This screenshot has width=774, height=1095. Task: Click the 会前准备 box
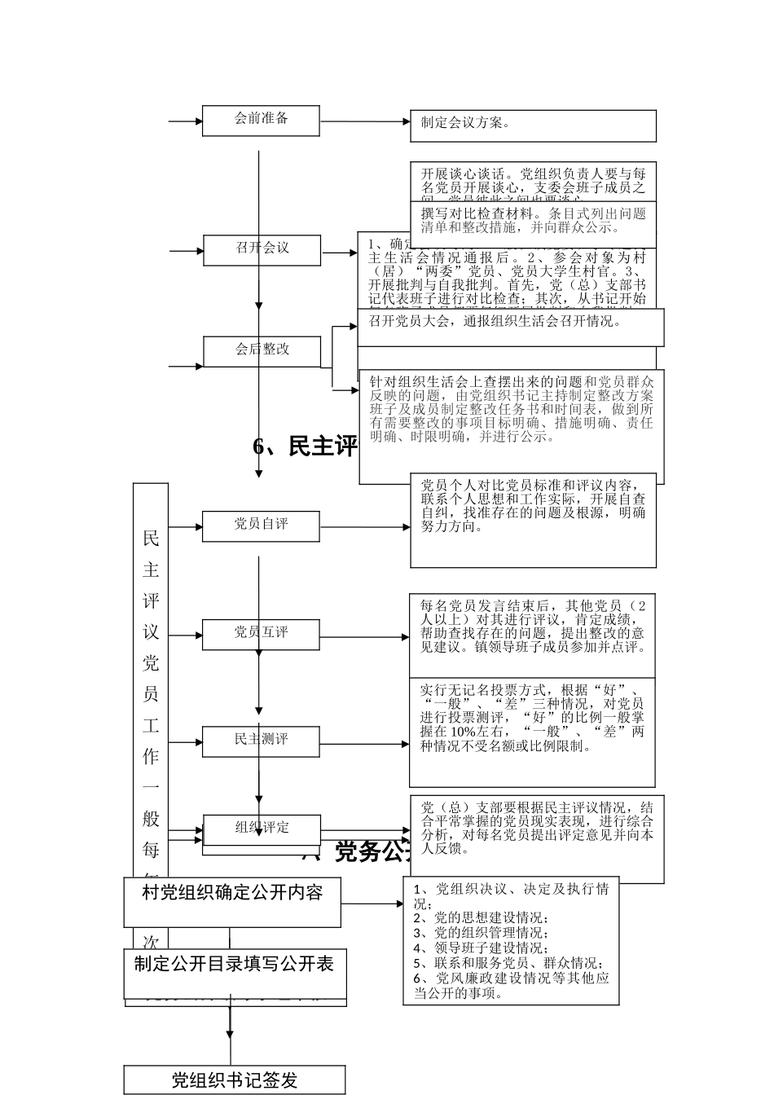click(x=261, y=120)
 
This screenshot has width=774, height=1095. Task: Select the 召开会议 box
click(x=261, y=248)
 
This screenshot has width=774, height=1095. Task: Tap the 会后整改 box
click(x=261, y=350)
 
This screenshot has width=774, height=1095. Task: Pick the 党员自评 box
click(x=261, y=526)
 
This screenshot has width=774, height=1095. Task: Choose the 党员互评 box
click(x=261, y=633)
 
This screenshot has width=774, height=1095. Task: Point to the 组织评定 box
click(x=261, y=829)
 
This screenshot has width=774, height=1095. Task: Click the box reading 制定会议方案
click(x=533, y=125)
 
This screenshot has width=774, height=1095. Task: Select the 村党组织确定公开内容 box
click(x=232, y=894)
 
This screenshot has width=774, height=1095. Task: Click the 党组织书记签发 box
click(x=235, y=1080)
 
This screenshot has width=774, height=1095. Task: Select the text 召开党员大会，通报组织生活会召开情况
click(x=495, y=322)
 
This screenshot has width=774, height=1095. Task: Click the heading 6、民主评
click(x=306, y=446)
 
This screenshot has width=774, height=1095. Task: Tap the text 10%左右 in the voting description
click(x=462, y=732)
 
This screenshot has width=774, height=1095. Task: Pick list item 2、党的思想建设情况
click(x=481, y=917)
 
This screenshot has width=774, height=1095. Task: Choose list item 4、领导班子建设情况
click(x=481, y=948)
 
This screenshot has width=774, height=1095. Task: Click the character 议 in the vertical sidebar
click(x=151, y=632)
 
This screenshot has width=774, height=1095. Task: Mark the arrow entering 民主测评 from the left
click(x=186, y=742)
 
